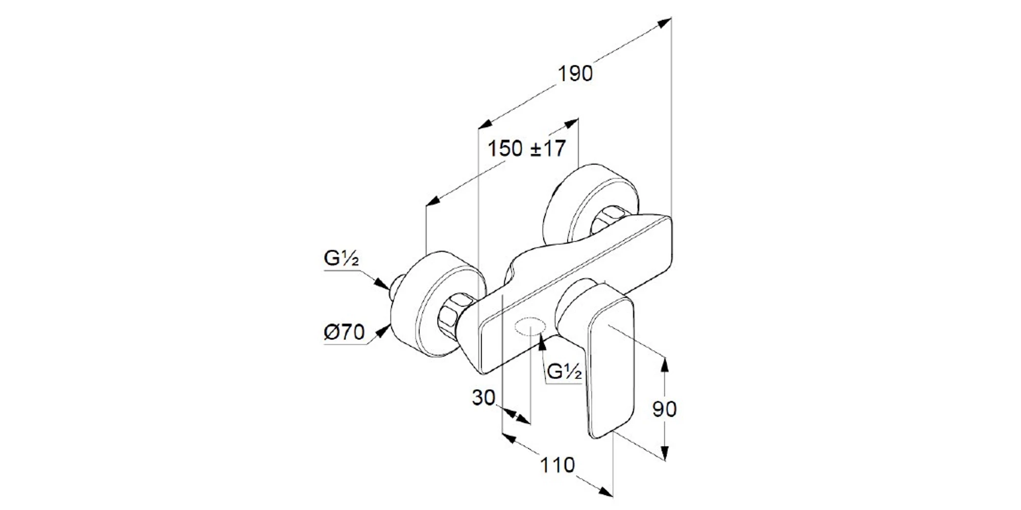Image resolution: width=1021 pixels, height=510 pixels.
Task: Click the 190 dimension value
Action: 575,74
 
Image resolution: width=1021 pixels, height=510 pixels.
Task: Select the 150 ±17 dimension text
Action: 527,149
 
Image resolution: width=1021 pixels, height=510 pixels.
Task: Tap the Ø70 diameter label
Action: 345,333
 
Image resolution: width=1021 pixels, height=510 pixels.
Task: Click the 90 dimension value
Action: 664,409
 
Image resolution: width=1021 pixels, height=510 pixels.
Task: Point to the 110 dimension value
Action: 557,465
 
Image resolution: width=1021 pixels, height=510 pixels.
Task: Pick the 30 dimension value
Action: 483,398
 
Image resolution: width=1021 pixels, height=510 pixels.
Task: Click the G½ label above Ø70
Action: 342,259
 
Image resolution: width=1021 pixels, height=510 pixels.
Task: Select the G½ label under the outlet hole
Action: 564,372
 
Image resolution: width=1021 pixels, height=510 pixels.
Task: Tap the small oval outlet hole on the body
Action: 530,325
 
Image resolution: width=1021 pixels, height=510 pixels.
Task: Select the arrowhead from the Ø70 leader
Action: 381,332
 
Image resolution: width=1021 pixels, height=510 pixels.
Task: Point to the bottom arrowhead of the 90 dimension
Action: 664,452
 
